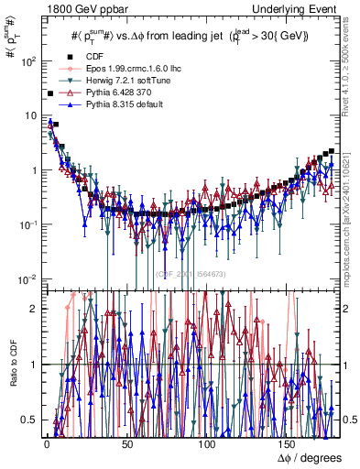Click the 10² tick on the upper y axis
(x=29, y=62)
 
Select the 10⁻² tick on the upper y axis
(x=29, y=278)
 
